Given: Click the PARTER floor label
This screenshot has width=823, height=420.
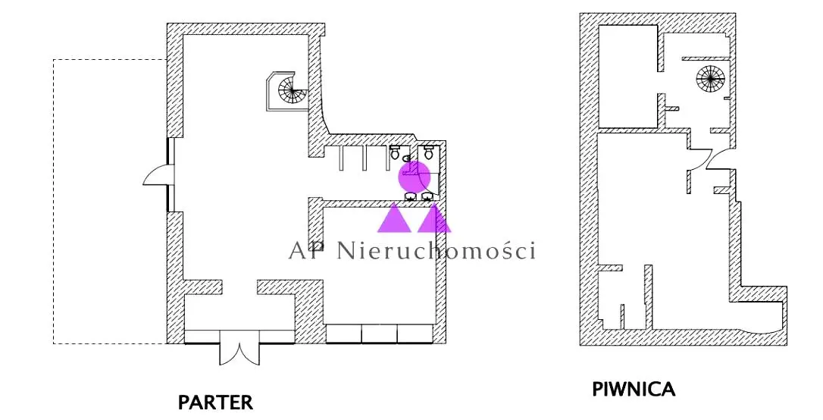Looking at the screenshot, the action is [x=215, y=403].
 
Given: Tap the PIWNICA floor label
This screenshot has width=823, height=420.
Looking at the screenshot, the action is [x=634, y=390].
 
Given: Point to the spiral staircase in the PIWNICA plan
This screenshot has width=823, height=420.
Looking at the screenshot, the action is [x=710, y=80].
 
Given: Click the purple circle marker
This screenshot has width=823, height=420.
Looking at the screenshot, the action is [x=414, y=177].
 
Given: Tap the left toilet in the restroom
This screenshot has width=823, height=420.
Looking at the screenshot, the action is [x=395, y=153].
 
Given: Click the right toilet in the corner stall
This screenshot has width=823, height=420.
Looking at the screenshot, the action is [x=428, y=153].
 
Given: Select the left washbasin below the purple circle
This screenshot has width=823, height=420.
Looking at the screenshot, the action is [x=410, y=196].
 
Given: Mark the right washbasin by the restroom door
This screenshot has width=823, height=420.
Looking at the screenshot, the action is [x=427, y=196].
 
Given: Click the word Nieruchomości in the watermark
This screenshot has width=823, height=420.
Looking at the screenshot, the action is [x=437, y=250].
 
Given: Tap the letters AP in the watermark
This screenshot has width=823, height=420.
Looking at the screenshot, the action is [x=308, y=251].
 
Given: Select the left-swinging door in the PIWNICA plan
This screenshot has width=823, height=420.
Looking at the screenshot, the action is [x=698, y=160].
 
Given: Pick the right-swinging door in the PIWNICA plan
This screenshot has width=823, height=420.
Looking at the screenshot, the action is [x=717, y=160].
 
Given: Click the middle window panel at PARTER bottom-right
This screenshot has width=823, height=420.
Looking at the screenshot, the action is [x=380, y=334].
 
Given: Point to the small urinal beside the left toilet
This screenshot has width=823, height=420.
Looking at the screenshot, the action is [x=406, y=158].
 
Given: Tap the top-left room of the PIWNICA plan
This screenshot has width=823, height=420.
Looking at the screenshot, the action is [x=627, y=75].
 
